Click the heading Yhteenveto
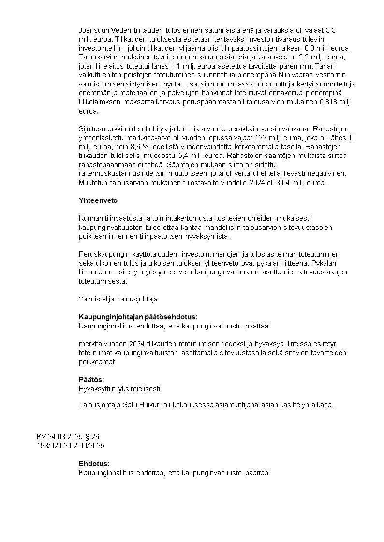coord(98,200)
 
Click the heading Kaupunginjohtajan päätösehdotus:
coord(138,317)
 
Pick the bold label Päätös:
coord(91,380)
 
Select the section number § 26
coord(91,437)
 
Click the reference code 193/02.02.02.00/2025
coord(71,445)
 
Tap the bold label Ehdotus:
coord(94,464)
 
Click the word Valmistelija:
coord(97,299)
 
